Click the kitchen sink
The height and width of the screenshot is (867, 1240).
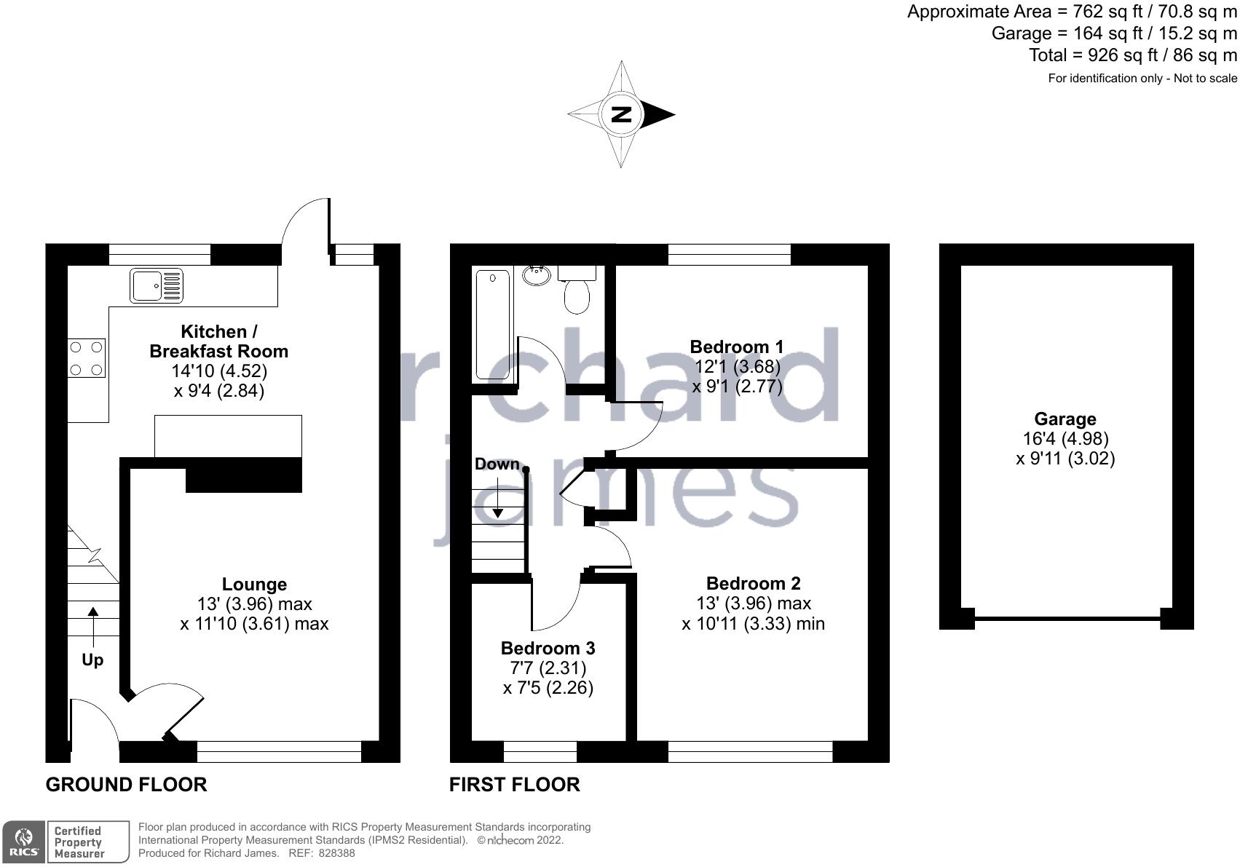pos(156,285)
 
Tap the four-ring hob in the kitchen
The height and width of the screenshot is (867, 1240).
pos(87,358)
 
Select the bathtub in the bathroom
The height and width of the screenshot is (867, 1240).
pos(493,325)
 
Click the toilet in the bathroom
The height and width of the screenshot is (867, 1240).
pos(577,289)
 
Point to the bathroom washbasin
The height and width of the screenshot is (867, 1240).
pos(537,275)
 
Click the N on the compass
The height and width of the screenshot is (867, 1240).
pos(621,114)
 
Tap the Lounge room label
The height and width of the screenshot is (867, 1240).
pos(255,585)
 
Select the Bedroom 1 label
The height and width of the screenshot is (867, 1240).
pos(737,347)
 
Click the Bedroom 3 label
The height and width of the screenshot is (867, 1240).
pos(548,648)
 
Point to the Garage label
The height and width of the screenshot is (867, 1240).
pos(1065,419)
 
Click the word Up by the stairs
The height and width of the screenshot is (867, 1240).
pos(92,660)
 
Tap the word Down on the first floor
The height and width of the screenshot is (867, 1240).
pos(497,464)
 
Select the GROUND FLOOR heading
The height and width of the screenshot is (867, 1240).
pos(126,785)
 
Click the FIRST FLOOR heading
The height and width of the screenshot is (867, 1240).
pos(515,785)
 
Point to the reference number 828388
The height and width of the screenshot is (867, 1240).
pos(336,853)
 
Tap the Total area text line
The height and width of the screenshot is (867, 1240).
pos(1133,55)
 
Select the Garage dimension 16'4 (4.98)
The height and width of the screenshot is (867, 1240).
pos(1066,439)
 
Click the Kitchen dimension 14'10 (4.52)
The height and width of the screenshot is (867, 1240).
pos(219,371)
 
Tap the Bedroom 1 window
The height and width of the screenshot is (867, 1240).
pos(730,255)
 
